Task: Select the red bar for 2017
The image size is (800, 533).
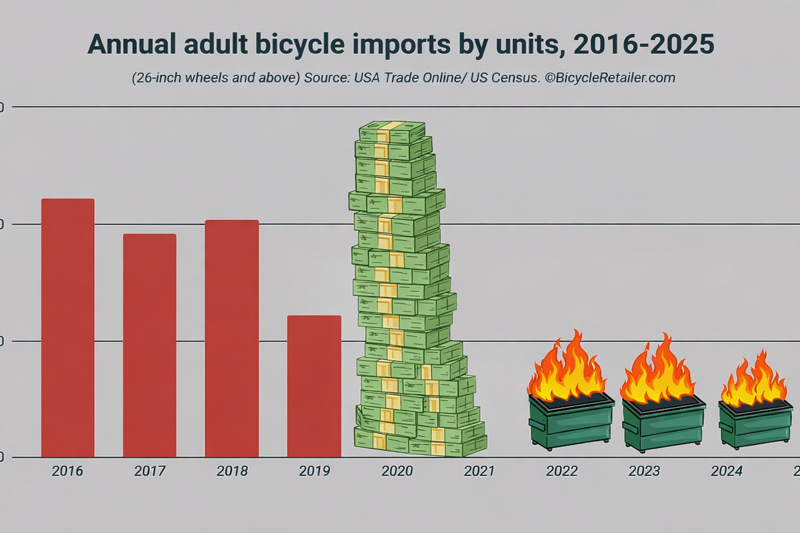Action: [149, 345]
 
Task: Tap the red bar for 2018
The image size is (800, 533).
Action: [231, 338]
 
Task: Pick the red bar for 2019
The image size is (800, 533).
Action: [314, 386]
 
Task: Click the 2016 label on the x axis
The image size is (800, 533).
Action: [67, 472]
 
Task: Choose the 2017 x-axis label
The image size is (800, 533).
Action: [150, 472]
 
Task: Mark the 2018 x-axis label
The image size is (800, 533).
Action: [232, 472]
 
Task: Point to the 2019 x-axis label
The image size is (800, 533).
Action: [314, 472]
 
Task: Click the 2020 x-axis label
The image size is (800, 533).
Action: [397, 472]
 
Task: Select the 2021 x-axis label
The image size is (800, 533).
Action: [479, 472]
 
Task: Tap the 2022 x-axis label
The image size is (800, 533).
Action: [561, 472]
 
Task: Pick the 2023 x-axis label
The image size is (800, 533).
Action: [644, 472]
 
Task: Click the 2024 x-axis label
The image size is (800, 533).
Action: [726, 472]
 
